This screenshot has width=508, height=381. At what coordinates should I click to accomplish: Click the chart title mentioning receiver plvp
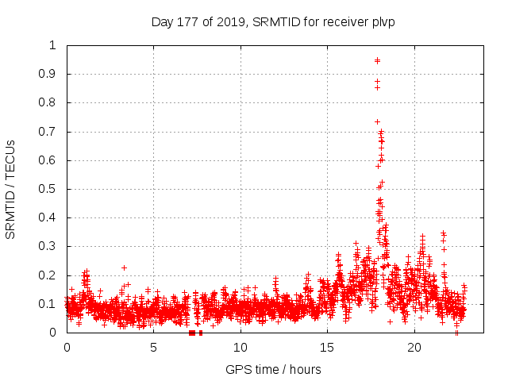[x=273, y=21]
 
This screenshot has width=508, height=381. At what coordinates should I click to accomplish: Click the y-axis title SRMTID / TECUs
[x=11, y=189]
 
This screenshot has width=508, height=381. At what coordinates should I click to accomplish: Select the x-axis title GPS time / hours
[x=273, y=369]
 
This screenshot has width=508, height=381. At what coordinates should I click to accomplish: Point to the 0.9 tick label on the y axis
[x=49, y=74]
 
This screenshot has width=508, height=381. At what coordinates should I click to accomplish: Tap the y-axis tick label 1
[x=53, y=45]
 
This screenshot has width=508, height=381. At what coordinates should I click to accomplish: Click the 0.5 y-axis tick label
[x=49, y=189]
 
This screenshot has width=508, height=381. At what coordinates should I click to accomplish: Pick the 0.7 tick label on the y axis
[x=49, y=132]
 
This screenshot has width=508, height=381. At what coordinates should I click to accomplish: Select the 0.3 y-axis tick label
[x=49, y=247]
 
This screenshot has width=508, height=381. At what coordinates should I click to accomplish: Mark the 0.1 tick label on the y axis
[x=49, y=304]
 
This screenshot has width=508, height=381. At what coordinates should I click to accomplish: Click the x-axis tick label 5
[x=153, y=348]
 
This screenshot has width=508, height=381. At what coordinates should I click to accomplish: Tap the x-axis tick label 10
[x=241, y=348]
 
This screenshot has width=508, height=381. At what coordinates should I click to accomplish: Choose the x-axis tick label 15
[x=327, y=348]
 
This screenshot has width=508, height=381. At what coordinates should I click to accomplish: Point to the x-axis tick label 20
[x=414, y=348]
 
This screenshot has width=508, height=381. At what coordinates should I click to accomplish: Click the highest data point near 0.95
[x=377, y=60]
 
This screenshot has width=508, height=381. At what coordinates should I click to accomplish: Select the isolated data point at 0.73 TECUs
[x=377, y=121]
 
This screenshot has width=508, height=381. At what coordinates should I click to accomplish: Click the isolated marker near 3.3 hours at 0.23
[x=124, y=267]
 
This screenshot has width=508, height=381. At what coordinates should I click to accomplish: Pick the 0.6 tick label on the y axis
[x=49, y=160]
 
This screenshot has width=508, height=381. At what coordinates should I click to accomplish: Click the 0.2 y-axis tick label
[x=49, y=275]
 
